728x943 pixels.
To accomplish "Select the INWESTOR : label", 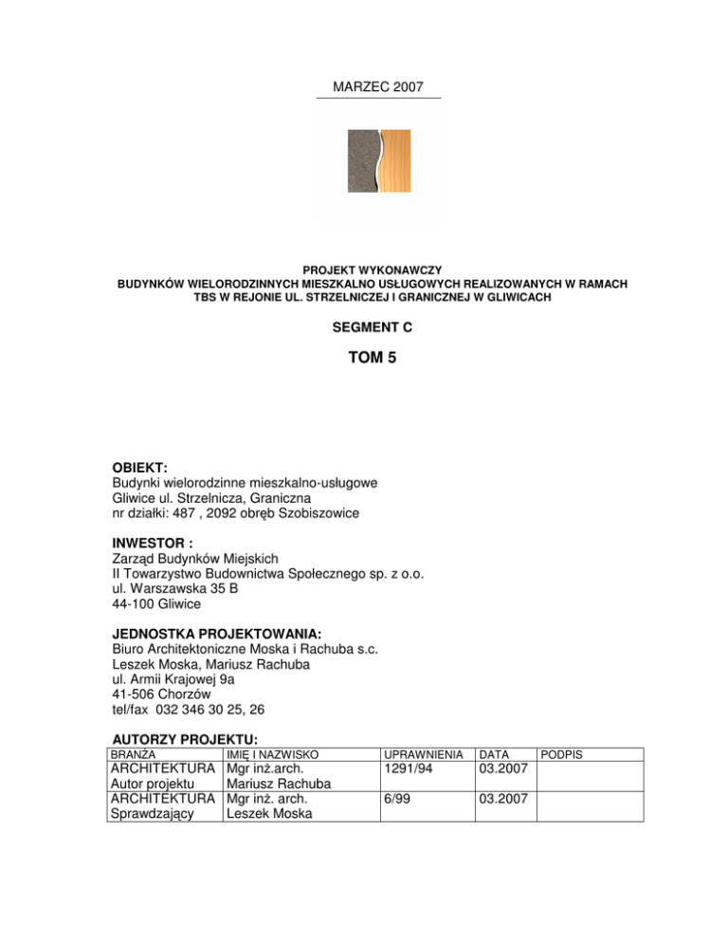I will point(150,545).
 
